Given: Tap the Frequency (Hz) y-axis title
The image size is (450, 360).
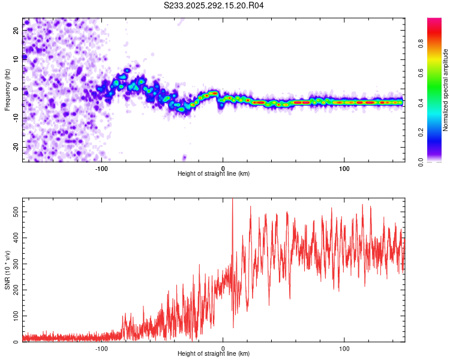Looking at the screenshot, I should click(x=7, y=89).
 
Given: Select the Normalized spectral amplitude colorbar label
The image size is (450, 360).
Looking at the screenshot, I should click(x=446, y=90).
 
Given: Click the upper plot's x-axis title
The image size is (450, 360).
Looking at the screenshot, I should click(x=214, y=173).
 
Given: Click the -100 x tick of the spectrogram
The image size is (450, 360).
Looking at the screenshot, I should click(x=101, y=168).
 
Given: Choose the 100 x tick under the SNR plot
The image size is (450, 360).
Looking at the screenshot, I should click(x=344, y=348).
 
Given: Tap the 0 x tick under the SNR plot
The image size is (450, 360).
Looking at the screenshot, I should click(x=223, y=348).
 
